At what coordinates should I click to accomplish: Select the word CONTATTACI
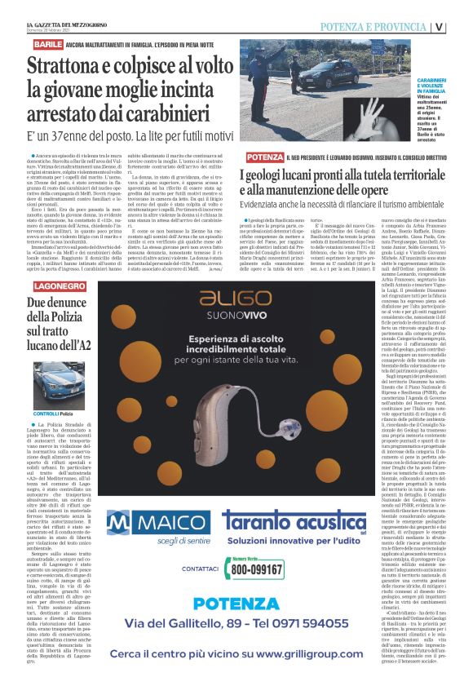click(199, 568)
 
